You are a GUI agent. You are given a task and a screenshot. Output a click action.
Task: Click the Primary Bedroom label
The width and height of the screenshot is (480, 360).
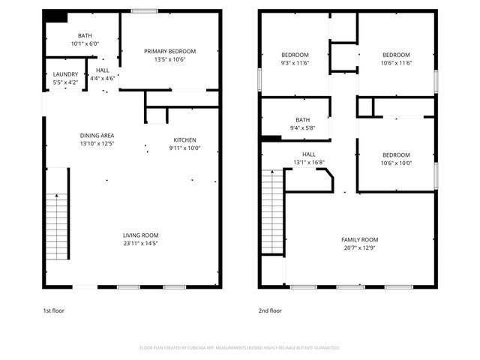[x=170, y=51]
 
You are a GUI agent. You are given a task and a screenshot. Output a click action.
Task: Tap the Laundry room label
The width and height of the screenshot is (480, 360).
[x=65, y=73]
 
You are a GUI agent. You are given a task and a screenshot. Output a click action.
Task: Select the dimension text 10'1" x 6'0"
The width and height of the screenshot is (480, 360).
[x=85, y=43]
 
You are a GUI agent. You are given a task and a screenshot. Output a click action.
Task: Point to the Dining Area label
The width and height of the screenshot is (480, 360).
[x=97, y=136]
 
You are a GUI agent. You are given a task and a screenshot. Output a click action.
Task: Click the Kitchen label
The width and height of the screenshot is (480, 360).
[x=185, y=140]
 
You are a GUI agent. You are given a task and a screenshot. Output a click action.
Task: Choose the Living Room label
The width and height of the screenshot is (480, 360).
[x=140, y=235]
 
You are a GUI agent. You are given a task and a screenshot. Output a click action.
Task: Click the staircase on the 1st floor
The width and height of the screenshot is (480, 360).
[x=57, y=225]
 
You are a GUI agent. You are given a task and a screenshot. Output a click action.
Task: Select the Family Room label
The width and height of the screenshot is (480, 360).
[x=359, y=239]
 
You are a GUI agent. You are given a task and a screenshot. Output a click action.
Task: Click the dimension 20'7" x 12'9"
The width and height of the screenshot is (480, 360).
[x=359, y=247]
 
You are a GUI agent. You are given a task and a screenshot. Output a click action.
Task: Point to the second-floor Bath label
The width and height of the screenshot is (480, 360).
[x=302, y=119]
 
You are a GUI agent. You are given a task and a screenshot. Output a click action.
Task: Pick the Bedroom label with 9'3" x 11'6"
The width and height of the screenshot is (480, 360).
[x=295, y=55]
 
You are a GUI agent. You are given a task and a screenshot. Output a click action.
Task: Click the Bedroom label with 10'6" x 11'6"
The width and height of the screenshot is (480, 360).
[x=396, y=55]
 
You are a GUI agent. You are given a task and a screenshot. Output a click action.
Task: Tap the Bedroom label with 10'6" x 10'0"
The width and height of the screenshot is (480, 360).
[x=396, y=154]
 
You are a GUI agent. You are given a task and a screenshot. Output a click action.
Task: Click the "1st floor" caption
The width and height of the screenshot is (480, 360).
[x=53, y=310]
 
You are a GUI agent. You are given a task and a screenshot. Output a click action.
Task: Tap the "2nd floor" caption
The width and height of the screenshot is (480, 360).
[x=270, y=310]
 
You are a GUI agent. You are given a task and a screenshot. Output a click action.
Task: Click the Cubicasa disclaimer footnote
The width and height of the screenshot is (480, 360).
[x=240, y=348]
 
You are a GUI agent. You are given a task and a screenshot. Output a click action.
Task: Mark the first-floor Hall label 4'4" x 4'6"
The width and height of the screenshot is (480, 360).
[x=102, y=70]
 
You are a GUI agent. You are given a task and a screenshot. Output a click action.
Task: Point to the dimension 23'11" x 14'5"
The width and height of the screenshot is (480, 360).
[x=140, y=243]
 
